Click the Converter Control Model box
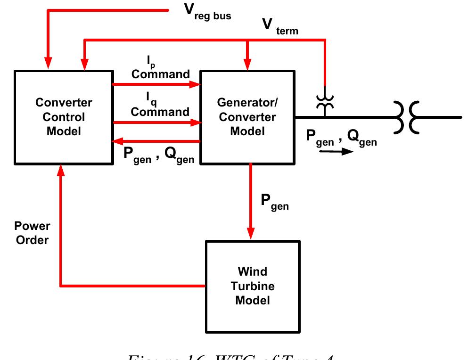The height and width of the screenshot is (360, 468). tap(63, 117)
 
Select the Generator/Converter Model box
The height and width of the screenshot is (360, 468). tap(247, 117)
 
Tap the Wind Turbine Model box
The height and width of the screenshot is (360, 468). tap(252, 286)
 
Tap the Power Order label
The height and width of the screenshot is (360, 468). tap(32, 233)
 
